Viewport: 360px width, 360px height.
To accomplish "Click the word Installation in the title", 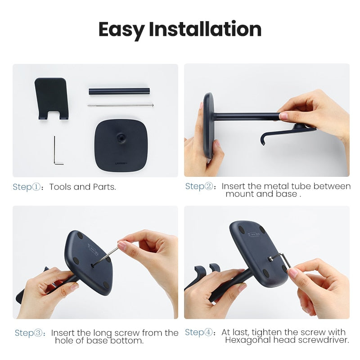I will tap(205, 29).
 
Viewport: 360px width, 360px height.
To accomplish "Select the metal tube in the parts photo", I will tap(119, 91).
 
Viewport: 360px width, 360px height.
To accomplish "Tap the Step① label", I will tap(29, 187).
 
